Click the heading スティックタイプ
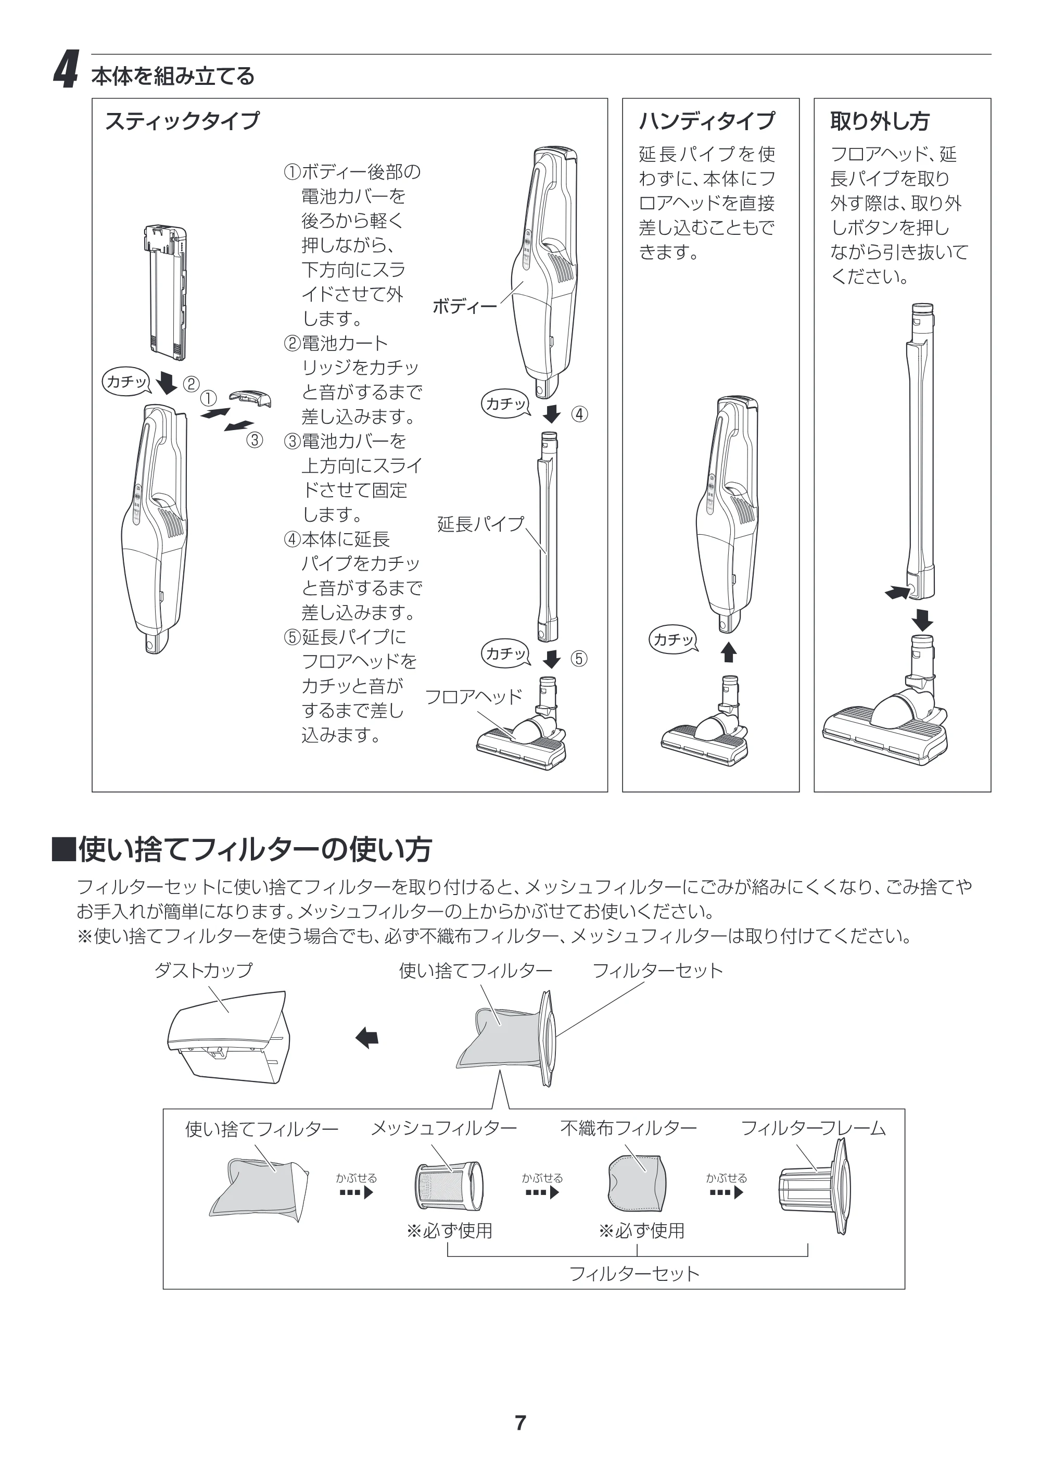[182, 121]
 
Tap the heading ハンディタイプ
[707, 121]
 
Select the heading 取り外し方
[879, 121]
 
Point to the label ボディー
[464, 307]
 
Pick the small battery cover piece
[250, 398]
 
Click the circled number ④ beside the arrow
[579, 414]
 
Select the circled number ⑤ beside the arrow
[579, 659]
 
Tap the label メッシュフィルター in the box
[444, 1128]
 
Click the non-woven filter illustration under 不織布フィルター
[636, 1184]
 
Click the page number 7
[520, 1422]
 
